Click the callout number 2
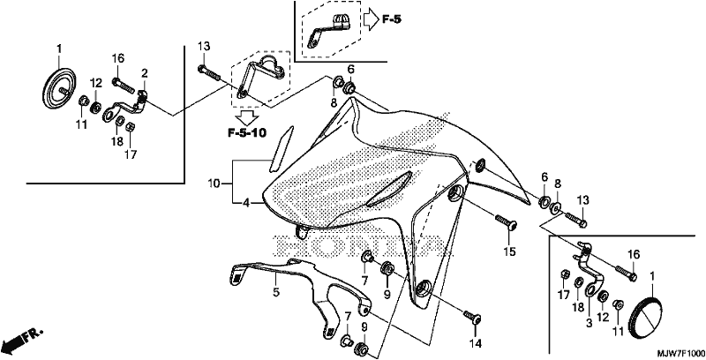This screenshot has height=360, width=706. [145, 73]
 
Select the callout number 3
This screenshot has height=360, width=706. [589, 323]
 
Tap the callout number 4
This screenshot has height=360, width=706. [246, 203]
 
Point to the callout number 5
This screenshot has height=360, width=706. [276, 293]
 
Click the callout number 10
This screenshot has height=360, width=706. [214, 184]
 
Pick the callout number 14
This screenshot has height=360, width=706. [476, 344]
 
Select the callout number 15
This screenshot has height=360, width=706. [509, 252]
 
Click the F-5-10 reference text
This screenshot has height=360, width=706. [247, 132]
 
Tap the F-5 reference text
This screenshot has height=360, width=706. [392, 19]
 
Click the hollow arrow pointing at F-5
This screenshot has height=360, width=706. [372, 19]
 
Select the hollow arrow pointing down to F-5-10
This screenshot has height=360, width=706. [247, 118]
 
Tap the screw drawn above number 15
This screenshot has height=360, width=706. [506, 221]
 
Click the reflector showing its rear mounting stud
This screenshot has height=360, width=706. [59, 88]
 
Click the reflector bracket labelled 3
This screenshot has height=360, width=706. [586, 270]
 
